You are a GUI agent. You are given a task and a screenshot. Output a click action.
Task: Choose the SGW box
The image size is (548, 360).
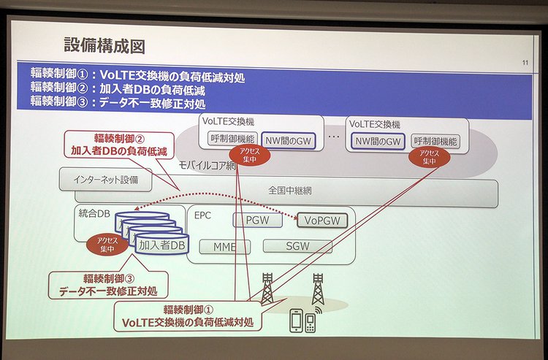click(x=297, y=247)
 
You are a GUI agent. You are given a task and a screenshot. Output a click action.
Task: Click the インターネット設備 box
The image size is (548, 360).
click(x=107, y=178)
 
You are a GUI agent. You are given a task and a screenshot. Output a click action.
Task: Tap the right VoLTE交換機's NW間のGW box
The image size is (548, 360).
click(x=377, y=140)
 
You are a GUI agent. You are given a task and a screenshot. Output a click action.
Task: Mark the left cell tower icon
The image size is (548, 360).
click(x=267, y=290)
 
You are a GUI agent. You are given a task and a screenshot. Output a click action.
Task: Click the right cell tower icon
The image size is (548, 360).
click(x=318, y=289)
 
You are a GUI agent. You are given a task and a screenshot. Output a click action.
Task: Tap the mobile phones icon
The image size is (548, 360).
click(x=303, y=320)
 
